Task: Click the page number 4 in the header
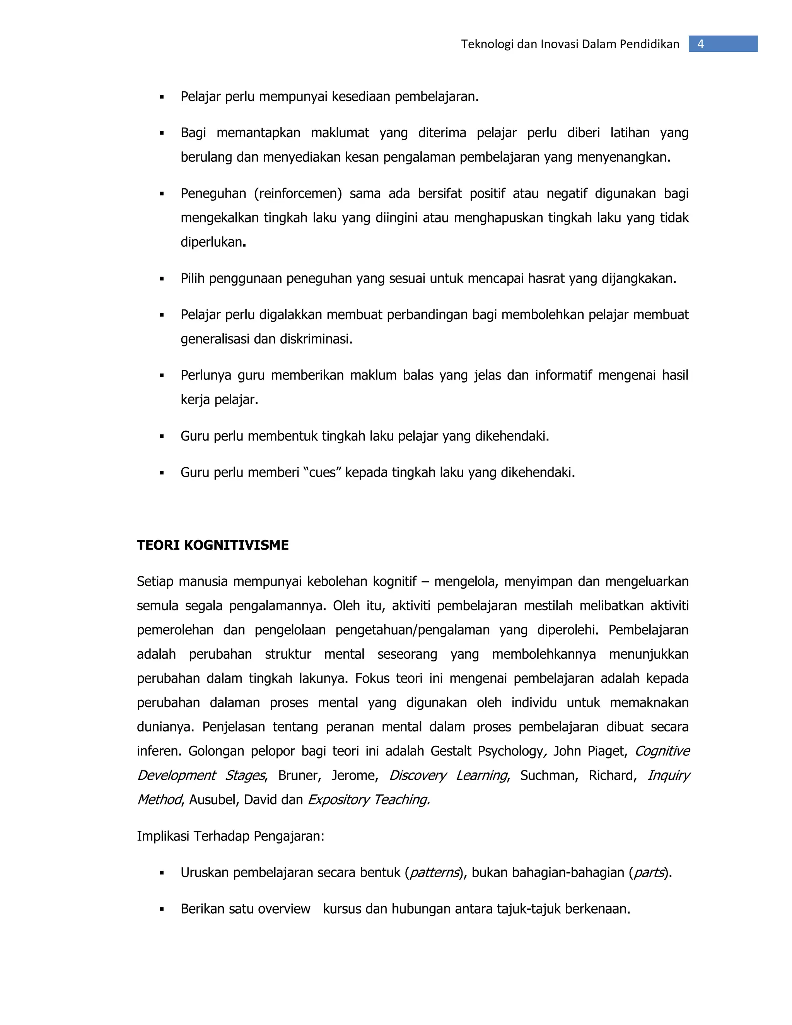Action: (x=700, y=44)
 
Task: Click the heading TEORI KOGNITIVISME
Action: (x=213, y=545)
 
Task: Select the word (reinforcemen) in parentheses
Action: (x=298, y=193)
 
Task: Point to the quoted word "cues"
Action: (x=323, y=472)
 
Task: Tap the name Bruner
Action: (x=299, y=775)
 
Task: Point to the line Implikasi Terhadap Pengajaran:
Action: (x=230, y=836)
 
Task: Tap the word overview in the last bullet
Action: (x=284, y=909)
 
